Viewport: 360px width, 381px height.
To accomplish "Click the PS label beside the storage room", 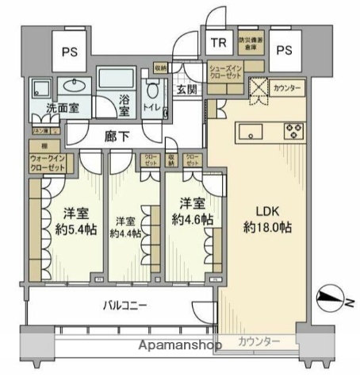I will tap(285, 48).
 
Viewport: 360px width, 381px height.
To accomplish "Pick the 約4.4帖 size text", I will tap(126, 233).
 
